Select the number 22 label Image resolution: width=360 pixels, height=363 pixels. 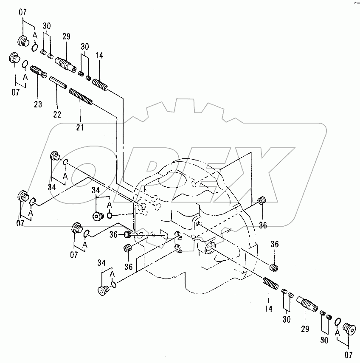(57, 114)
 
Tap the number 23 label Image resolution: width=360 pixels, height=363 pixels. (38, 104)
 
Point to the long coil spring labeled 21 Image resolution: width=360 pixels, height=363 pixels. (81, 97)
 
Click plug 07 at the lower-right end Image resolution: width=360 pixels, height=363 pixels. (349, 329)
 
